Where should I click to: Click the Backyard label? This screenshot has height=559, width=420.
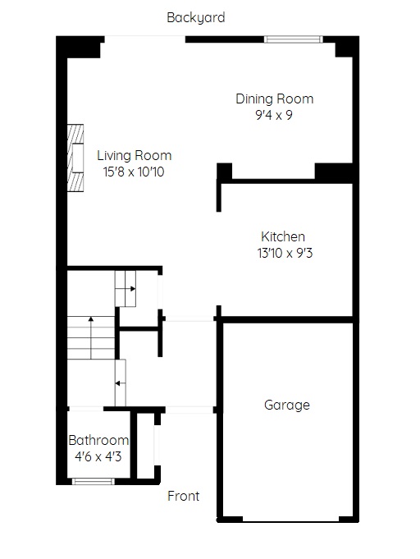pos(196,18)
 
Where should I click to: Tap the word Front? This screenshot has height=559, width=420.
pos(184,496)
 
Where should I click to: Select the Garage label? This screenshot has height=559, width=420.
pos(287,406)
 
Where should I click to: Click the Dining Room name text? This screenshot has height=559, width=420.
pos(275,99)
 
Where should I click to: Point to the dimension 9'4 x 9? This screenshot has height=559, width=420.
pos(274,115)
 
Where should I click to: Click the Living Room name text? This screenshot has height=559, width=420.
pos(135,155)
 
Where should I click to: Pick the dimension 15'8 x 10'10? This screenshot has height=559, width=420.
pos(134,172)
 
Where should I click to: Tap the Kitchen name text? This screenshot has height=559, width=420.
pos(283,236)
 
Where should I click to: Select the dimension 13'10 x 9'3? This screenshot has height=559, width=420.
pos(285,253)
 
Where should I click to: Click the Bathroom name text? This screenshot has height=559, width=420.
pos(98,440)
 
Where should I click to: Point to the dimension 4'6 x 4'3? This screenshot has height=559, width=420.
pos(98,456)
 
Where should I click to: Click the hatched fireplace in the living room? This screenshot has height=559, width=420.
pos(75,158)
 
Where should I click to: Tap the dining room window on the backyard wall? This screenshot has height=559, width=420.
pos(293,39)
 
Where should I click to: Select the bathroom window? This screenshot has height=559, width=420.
pos(94,482)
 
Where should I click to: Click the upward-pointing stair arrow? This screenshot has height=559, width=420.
pos(91,337)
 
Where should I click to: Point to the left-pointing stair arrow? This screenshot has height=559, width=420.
pos(120,383)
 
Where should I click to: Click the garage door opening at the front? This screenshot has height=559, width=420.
pos(291,520)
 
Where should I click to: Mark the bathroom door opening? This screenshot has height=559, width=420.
pos(86,409)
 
